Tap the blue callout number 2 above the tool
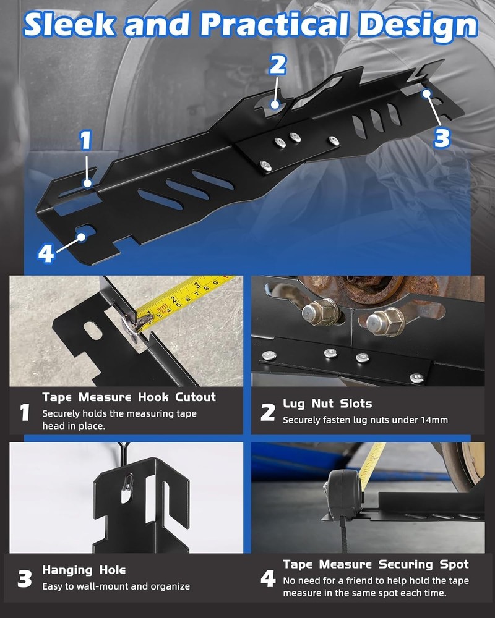[x=278, y=64]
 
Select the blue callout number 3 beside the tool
[x=442, y=137]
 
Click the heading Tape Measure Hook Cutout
[x=129, y=397]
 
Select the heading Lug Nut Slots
[x=327, y=404]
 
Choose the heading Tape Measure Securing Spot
[x=376, y=564]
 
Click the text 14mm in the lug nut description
[x=434, y=420]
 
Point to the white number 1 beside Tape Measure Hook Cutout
[x=25, y=412]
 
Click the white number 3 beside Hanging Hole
[x=24, y=578]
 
